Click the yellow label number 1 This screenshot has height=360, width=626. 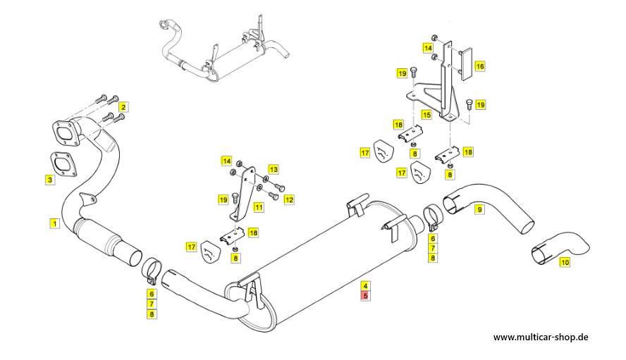point(54,223)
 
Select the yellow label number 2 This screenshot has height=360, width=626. point(123,108)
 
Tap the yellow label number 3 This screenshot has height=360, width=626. point(49,180)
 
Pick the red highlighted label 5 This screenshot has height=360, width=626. point(364,297)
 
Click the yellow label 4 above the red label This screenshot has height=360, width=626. point(364,286)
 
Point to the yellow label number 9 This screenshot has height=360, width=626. point(479,209)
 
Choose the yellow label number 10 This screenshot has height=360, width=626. point(564,262)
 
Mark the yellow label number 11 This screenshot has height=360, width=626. point(259,207)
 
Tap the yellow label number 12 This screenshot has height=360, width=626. point(289,200)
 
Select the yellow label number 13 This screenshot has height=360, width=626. point(273,169)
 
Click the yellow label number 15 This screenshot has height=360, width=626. point(426,114)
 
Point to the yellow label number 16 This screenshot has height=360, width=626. point(479,66)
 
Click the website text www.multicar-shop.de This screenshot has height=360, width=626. point(540,337)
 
